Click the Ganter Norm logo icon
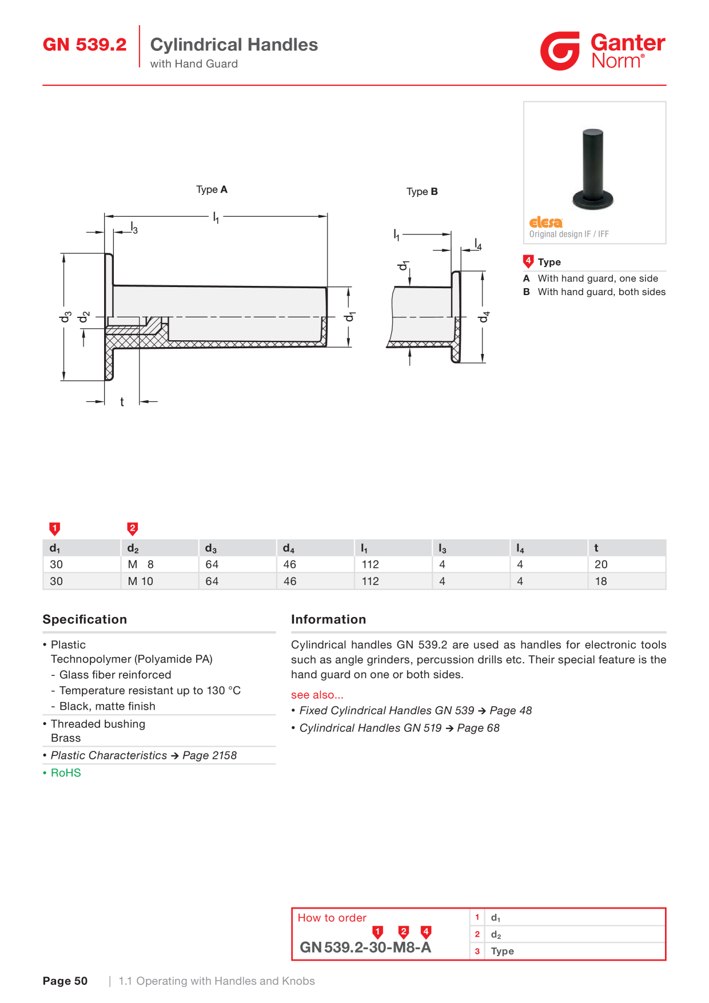click(560, 51)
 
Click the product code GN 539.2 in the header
click(85, 45)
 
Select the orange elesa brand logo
click(545, 222)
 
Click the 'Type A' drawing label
click(212, 190)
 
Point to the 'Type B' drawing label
click(422, 192)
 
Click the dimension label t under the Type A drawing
click(122, 402)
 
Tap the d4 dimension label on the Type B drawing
click(484, 317)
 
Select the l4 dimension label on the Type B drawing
click(478, 244)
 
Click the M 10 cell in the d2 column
click(141, 582)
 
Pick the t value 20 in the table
click(601, 564)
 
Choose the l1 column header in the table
click(364, 548)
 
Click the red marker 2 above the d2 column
click(133, 528)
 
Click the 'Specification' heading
click(85, 619)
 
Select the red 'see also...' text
click(317, 695)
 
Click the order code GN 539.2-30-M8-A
click(365, 948)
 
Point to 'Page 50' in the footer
click(65, 981)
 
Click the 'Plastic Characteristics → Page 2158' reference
click(144, 755)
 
